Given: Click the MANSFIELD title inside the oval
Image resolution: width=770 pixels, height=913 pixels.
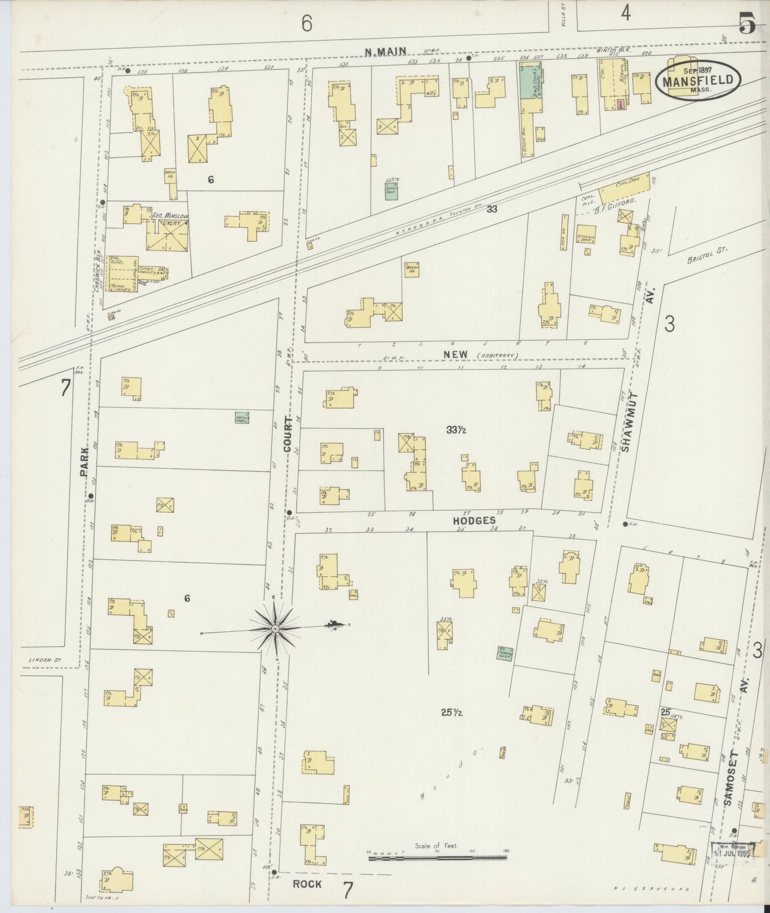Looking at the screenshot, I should tap(701, 81).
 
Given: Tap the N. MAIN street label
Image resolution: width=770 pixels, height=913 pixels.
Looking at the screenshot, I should tap(385, 52).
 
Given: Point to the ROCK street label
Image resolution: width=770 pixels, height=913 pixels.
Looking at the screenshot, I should tap(307, 883).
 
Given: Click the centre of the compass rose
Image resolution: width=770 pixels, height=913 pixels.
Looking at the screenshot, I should tap(275, 629).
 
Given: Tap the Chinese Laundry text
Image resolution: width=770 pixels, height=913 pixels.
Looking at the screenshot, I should tap(120, 288).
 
